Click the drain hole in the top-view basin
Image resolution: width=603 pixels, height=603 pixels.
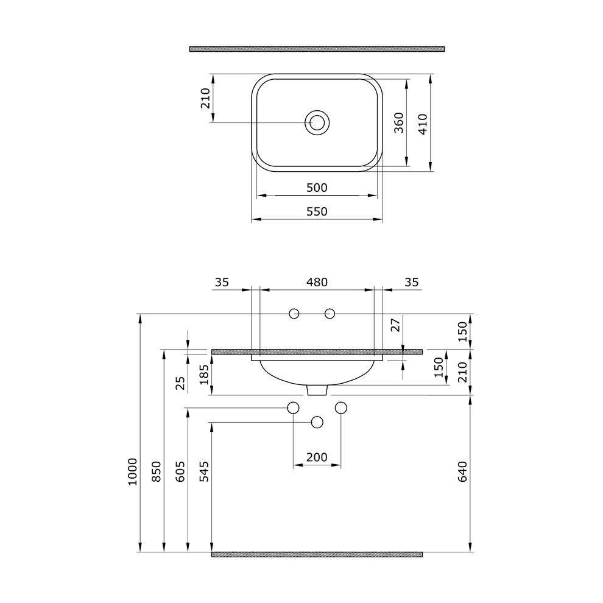coord(317,122)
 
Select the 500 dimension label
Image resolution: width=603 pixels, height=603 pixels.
coord(317,188)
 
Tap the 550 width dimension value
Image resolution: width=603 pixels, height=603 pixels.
coord(317,211)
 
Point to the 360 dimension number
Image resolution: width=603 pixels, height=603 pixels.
coord(399,122)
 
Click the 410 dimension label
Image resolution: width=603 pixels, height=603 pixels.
coord(423,124)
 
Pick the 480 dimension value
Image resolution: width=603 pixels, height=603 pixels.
coord(317,282)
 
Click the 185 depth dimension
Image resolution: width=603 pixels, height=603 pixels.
coord(204,374)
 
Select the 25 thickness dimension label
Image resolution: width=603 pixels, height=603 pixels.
coord(180,383)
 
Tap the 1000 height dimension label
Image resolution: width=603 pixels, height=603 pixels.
coord(132,472)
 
